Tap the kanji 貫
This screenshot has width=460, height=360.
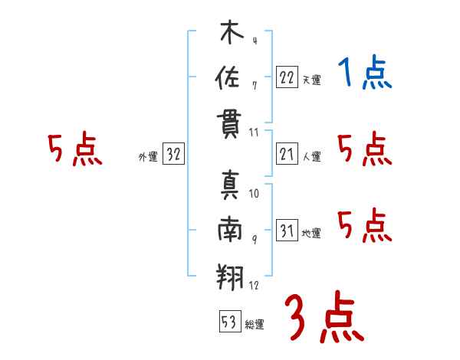coord(229,125)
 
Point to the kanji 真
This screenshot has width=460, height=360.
coord(229,185)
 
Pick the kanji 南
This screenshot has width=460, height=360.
coord(229,231)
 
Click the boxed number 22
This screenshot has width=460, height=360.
coord(287,76)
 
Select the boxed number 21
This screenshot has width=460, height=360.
coord(287,154)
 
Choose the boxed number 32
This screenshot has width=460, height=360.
coord(173,154)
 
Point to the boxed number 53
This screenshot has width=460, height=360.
coord(229,322)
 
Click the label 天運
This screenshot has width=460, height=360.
coord(311,80)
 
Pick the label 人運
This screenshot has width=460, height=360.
coord(311,157)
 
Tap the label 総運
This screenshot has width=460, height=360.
coord(255,325)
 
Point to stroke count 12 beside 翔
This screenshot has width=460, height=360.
coord(255,286)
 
